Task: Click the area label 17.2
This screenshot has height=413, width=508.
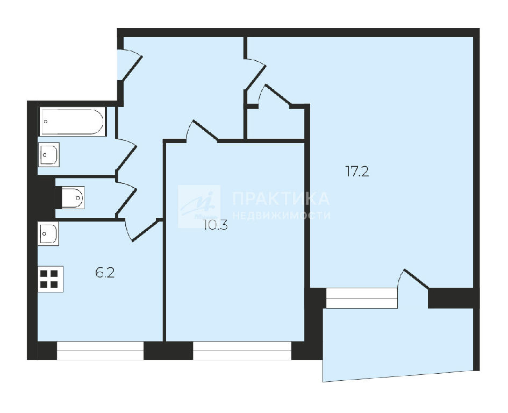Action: [357, 171]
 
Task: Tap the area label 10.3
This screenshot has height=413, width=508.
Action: [216, 225]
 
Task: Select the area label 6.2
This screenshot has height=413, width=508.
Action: [105, 273]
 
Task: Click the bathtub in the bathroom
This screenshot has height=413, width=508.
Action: [73, 122]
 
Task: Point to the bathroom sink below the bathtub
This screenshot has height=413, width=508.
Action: [49, 155]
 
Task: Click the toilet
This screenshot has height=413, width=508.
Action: [73, 197]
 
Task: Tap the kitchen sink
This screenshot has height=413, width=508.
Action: [48, 233]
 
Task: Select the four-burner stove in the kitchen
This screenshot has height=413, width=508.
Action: [51, 279]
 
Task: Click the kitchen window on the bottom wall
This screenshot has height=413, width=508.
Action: [100, 351]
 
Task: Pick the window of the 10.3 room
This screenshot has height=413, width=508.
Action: [242, 351]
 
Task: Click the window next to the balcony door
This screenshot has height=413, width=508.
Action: [362, 298]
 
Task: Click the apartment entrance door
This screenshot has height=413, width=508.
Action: [130, 65]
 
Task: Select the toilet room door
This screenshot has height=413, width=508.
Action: [126, 198]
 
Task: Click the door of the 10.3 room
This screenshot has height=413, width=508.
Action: [202, 131]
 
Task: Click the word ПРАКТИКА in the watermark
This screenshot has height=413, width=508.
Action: [281, 198]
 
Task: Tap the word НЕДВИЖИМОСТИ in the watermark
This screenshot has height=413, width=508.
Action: [282, 215]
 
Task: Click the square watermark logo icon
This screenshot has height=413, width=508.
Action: [199, 206]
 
